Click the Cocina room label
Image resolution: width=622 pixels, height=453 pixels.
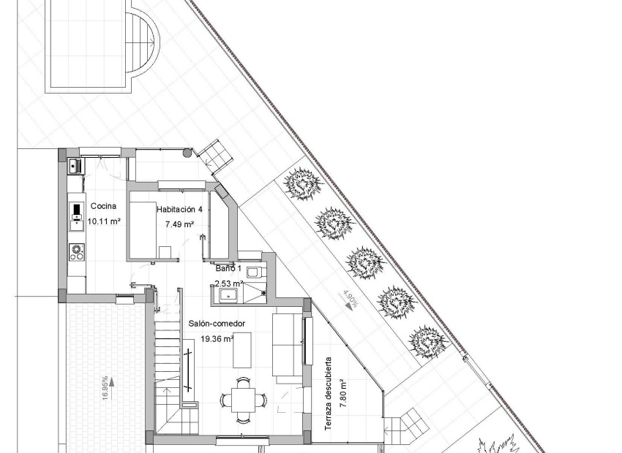102,207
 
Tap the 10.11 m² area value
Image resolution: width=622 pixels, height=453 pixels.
103,221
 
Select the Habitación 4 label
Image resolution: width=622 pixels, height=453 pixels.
179,210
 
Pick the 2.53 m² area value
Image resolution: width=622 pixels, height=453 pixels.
228,282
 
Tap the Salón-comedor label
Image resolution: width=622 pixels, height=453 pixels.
216,324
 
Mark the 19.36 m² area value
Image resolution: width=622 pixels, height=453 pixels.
217,338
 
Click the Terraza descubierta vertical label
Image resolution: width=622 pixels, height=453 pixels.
329,398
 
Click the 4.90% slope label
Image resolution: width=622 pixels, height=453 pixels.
350,300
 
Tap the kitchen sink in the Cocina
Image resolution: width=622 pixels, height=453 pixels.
75,167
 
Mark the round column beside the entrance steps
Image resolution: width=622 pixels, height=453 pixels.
188,153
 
